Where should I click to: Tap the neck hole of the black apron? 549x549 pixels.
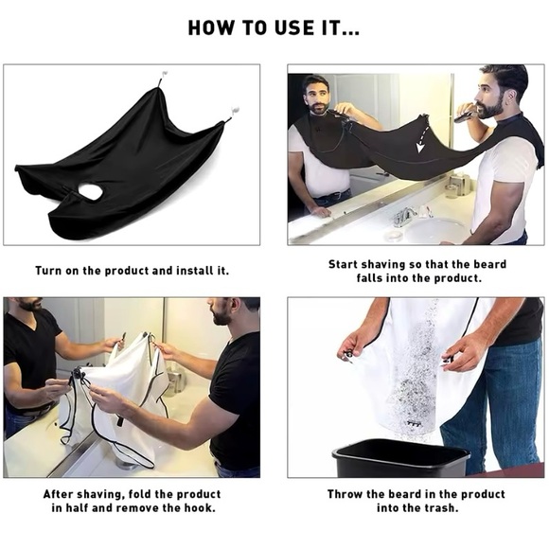pos(90,193)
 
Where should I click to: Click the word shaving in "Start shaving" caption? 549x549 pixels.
pos(388,265)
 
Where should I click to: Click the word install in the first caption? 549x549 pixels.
pos(186,271)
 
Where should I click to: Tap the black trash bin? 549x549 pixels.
pos(400,461)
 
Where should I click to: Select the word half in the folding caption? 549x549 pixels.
pos(85,508)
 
